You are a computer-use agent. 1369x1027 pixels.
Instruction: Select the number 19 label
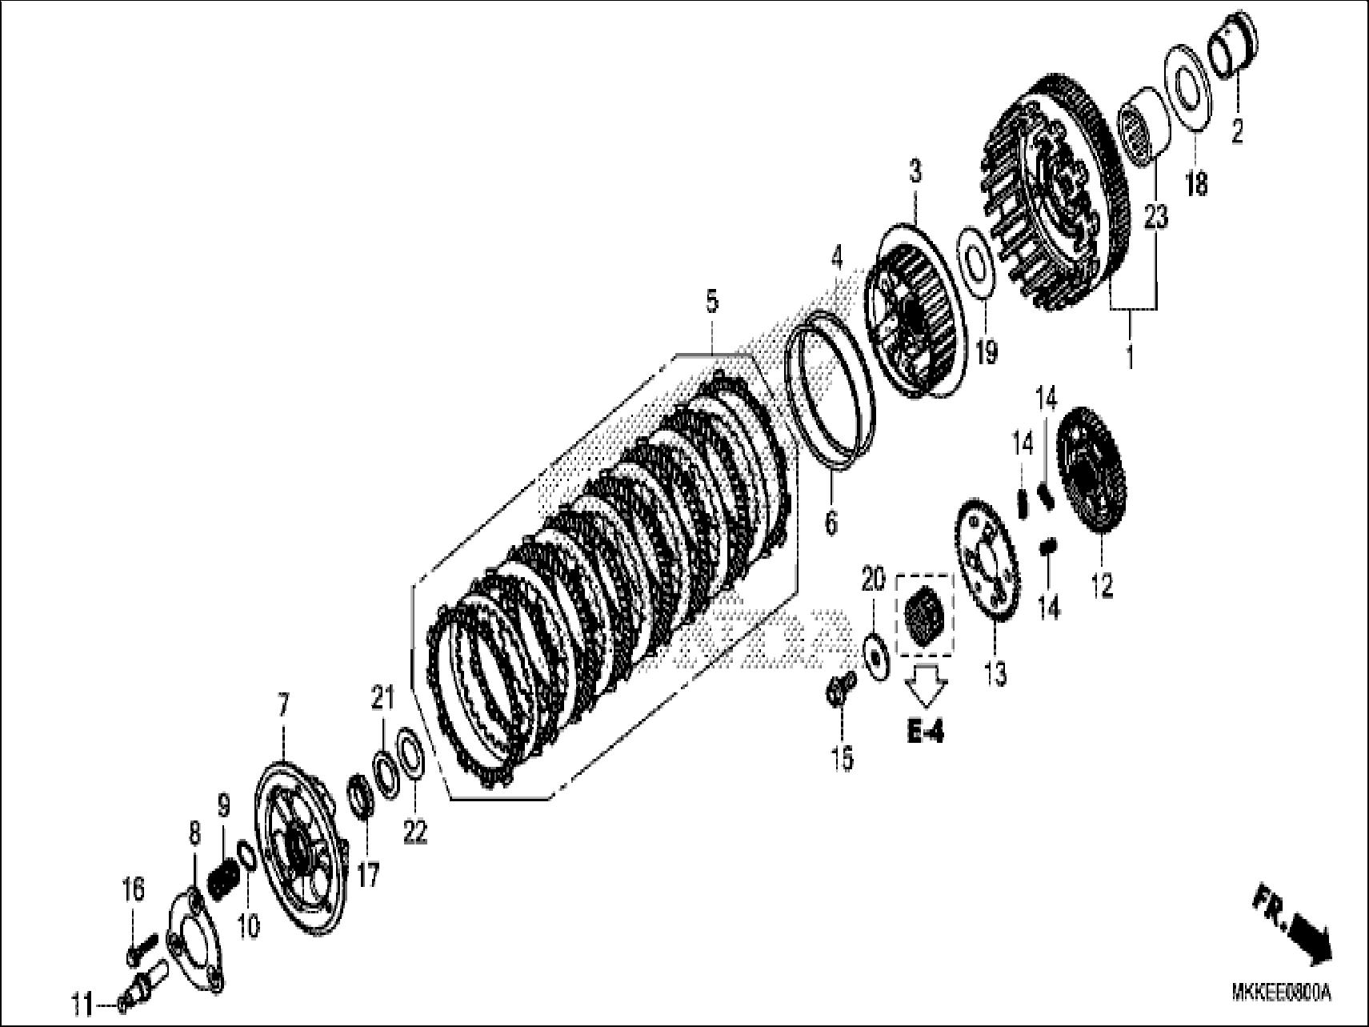click(987, 351)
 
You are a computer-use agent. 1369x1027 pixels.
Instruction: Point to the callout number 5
click(711, 302)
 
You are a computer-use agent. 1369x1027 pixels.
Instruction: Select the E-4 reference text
click(925, 732)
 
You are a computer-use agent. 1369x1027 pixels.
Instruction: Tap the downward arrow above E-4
click(927, 685)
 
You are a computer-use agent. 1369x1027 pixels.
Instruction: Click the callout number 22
click(415, 832)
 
